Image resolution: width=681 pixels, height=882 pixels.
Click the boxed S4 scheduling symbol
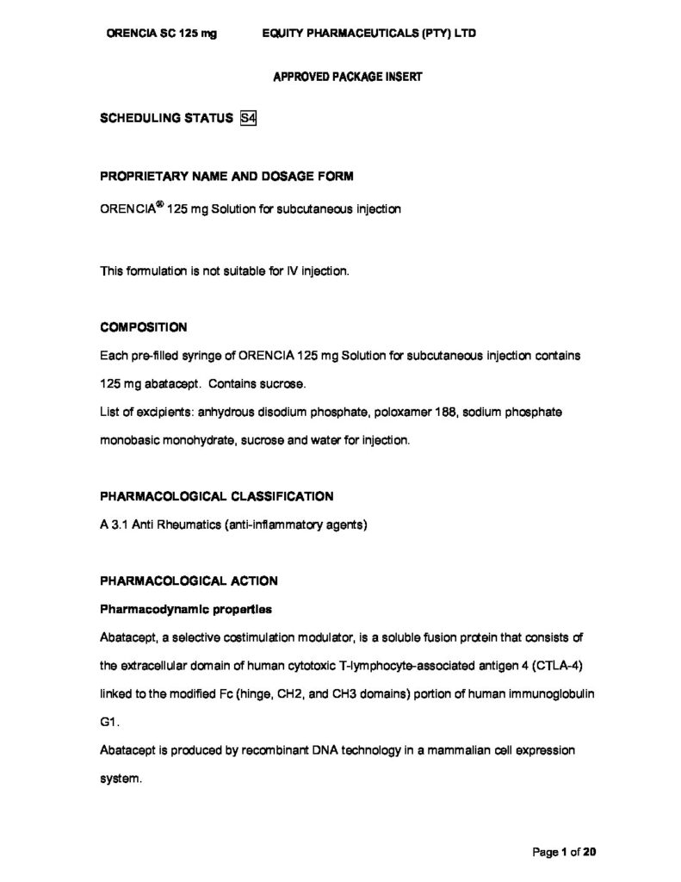(x=248, y=119)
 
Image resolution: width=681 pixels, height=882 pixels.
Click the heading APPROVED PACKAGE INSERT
(x=347, y=76)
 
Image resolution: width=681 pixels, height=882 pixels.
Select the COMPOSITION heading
(x=144, y=327)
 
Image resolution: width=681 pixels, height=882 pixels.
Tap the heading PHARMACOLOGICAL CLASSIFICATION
(x=217, y=496)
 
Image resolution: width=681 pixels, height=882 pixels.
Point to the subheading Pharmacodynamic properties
(x=186, y=610)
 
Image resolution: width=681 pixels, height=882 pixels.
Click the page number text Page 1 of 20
(x=564, y=853)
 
